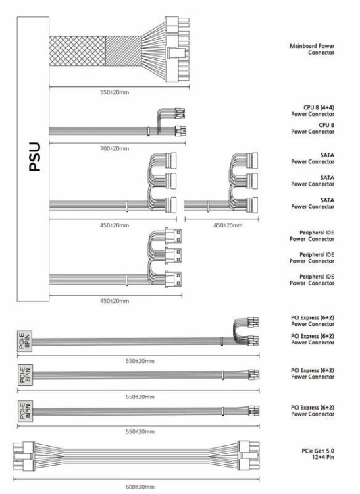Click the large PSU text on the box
(x=35, y=157)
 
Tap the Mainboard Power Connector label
(x=312, y=49)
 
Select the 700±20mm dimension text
(x=115, y=148)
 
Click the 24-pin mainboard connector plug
(x=178, y=49)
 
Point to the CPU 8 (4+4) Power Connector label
(x=313, y=111)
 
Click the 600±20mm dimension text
(x=140, y=487)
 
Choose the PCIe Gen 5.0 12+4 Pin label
(x=318, y=454)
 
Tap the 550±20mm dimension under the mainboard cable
(x=115, y=92)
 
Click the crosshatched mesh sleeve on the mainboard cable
(x=78, y=51)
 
